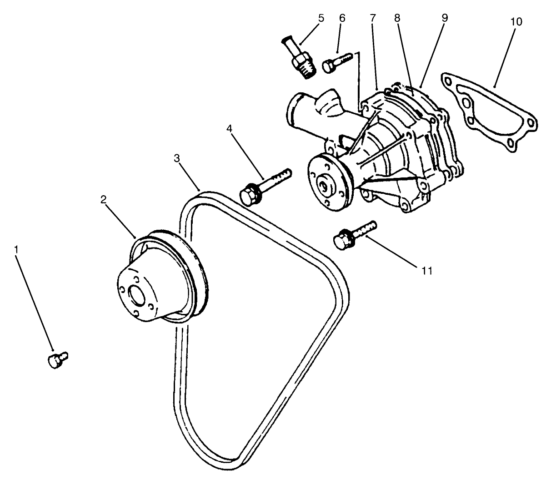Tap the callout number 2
pyautogui.click(x=104, y=199)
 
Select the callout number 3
pyautogui.click(x=177, y=158)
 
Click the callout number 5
pyautogui.click(x=321, y=18)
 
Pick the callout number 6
pyautogui.click(x=342, y=18)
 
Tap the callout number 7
pyautogui.click(x=373, y=18)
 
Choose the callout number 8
pyautogui.click(x=397, y=18)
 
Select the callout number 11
pyautogui.click(x=426, y=271)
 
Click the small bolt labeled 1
pyautogui.click(x=56, y=360)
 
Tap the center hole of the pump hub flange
pyautogui.click(x=324, y=184)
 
